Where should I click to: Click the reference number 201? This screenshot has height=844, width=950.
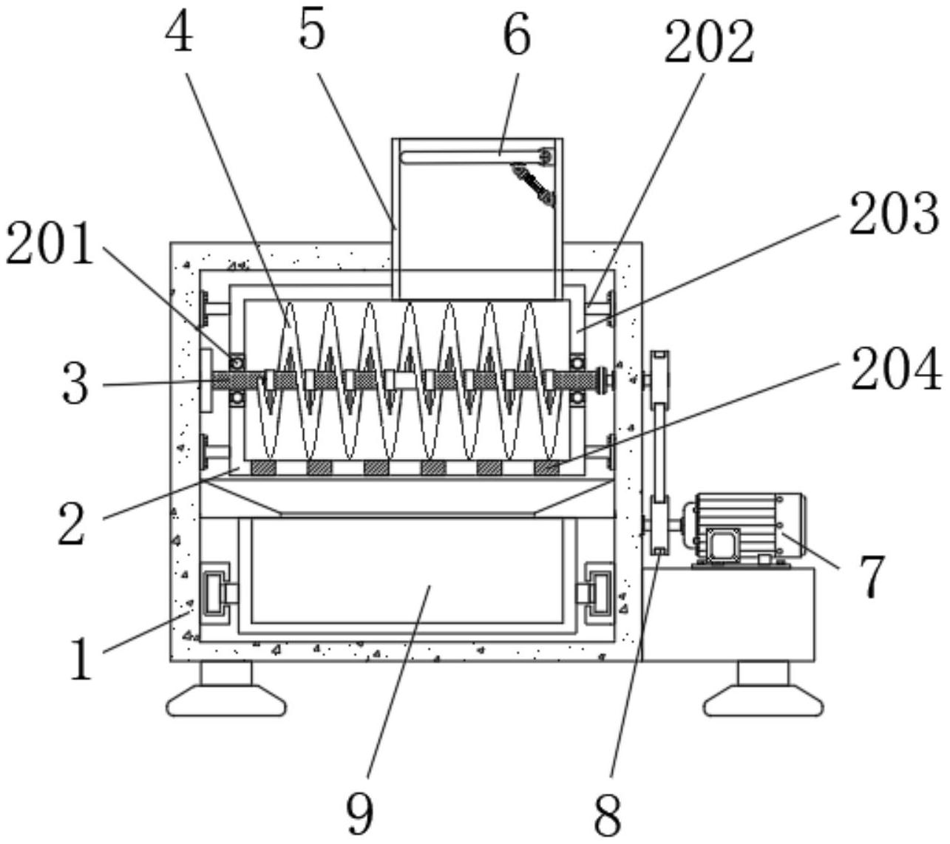(x=50, y=243)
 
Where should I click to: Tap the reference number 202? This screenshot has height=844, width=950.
(x=710, y=42)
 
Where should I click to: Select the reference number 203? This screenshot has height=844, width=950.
(x=895, y=214)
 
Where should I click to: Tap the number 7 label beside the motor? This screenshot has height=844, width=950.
(x=872, y=576)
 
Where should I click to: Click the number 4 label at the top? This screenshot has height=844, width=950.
(x=179, y=30)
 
